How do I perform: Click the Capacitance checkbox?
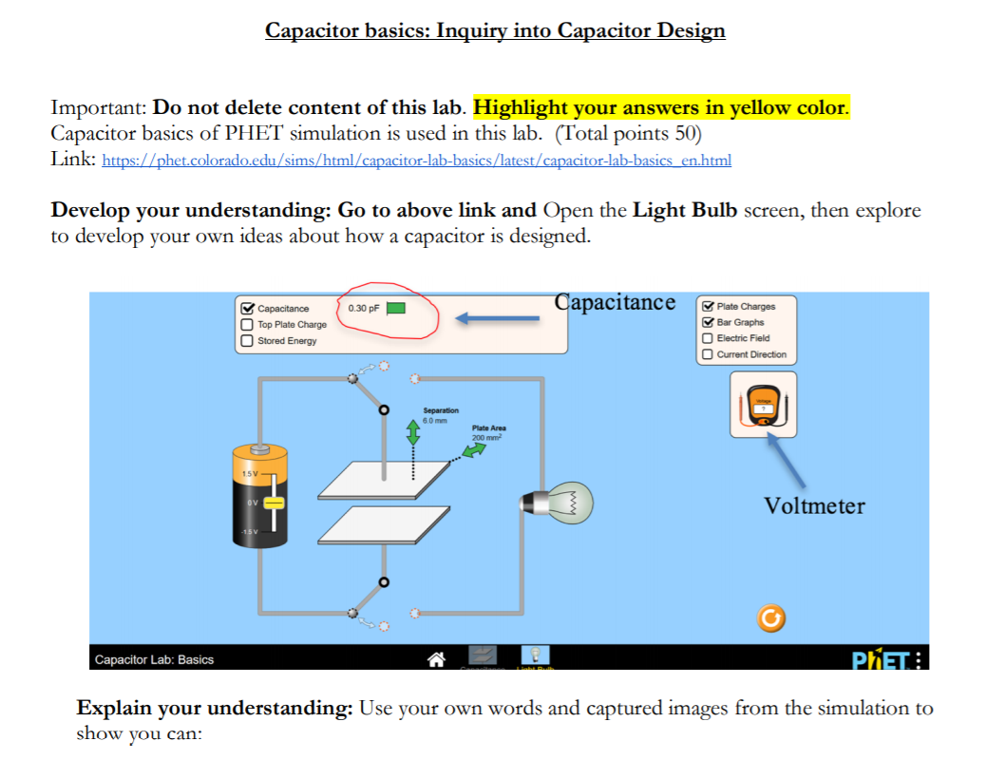pos(248,308)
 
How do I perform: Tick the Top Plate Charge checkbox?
pos(248,324)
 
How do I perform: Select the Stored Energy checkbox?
pos(248,340)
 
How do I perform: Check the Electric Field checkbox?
pos(708,338)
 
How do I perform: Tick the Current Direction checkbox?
pos(708,354)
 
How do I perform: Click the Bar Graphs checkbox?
pos(708,322)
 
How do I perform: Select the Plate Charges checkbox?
pos(708,306)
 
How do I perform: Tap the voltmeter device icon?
pos(763,405)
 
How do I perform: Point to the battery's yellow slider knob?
pos(274,501)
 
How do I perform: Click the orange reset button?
pos(771,619)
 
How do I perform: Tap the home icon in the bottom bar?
pos(437,657)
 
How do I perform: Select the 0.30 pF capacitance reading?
pos(365,308)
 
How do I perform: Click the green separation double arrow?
pos(413,432)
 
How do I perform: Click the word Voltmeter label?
pos(814,505)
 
